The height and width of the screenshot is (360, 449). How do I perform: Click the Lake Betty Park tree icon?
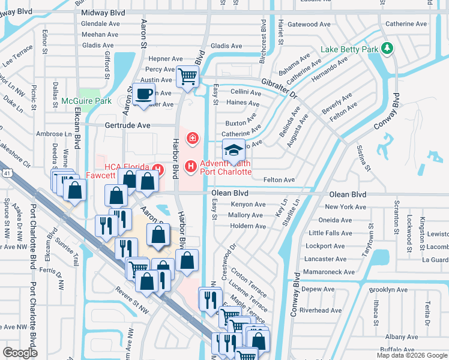coord(387,48)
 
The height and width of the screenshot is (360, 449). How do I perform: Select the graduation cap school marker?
coord(234,149)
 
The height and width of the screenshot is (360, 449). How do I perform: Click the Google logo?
coord(20,352)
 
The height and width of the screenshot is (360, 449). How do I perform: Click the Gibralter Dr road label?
coord(279,88)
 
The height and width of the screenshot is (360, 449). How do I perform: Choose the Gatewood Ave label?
coord(309,25)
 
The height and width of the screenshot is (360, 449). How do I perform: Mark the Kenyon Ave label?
coord(247,205)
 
